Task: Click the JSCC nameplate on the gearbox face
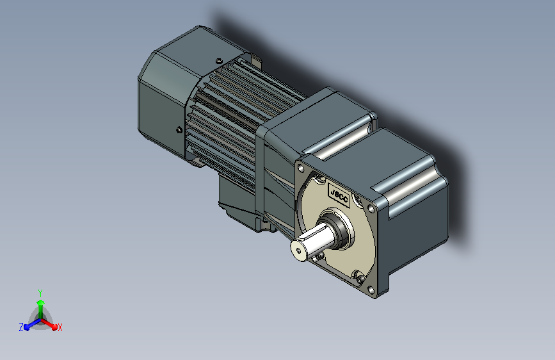tap(339, 195)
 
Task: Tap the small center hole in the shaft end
tap(298, 251)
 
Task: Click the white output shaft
tap(312, 241)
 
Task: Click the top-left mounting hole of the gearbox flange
tap(300, 168)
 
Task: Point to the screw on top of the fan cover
tap(219, 61)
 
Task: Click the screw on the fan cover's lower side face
tap(179, 130)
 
